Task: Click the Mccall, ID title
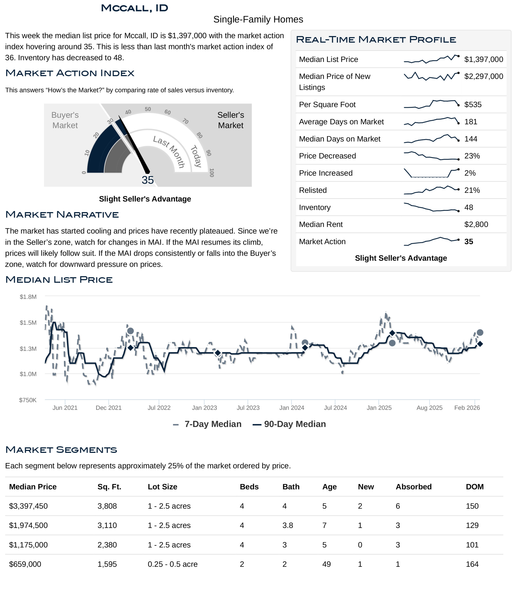click(x=134, y=8)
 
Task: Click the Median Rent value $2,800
click(x=476, y=224)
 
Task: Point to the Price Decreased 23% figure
click(x=472, y=156)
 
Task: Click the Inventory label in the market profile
click(x=315, y=208)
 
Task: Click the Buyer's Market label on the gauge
click(x=65, y=120)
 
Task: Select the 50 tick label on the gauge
click(x=148, y=109)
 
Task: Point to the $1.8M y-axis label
click(x=28, y=297)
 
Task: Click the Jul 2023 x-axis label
click(x=248, y=408)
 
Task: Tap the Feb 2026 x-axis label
click(x=467, y=408)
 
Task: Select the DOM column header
click(x=474, y=487)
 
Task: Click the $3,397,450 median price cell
click(x=28, y=506)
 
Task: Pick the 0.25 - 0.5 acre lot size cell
click(x=173, y=564)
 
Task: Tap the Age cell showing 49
click(x=326, y=564)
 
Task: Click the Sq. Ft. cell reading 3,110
click(x=107, y=526)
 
